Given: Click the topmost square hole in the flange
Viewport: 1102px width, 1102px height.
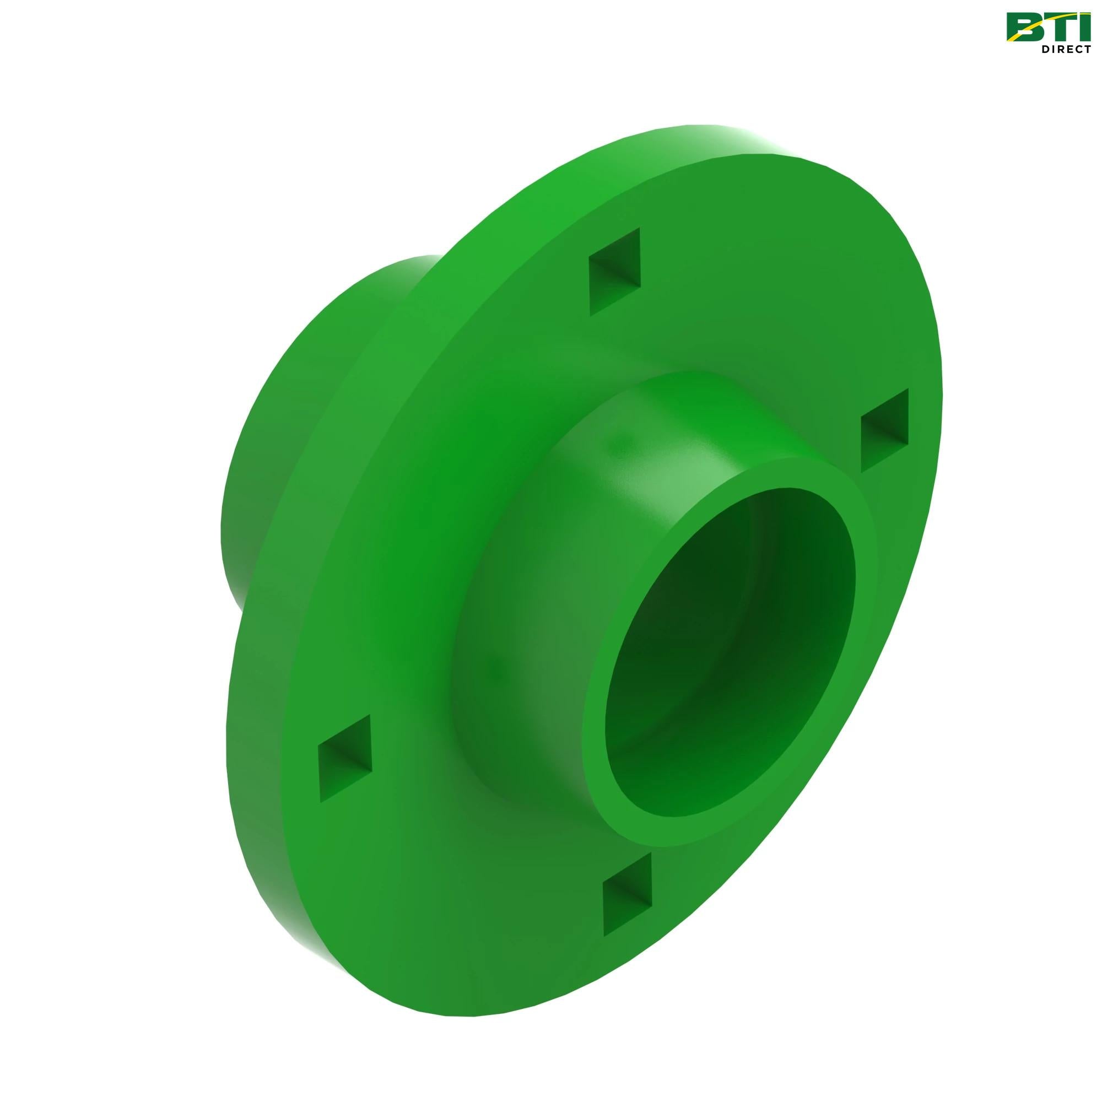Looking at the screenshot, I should [615, 272].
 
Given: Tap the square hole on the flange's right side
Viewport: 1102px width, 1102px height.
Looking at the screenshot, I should [884, 430].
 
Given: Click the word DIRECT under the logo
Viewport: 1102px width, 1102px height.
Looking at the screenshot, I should [1066, 49].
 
